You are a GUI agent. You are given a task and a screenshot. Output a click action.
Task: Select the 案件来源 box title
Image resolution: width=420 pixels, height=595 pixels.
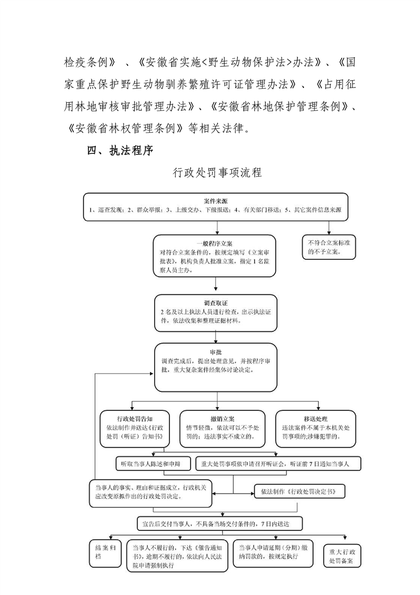216,202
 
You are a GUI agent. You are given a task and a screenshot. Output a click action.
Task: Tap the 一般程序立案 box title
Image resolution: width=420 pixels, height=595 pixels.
215,243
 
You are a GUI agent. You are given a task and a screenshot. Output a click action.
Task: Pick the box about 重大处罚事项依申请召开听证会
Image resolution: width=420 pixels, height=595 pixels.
278,462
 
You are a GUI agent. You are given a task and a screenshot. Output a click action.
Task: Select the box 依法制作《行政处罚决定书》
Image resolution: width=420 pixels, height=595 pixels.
299,492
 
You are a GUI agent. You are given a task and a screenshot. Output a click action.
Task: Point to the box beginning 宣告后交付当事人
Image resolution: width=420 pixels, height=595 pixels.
220,523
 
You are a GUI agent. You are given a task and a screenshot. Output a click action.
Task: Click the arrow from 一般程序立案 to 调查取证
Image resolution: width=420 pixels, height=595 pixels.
215,286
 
